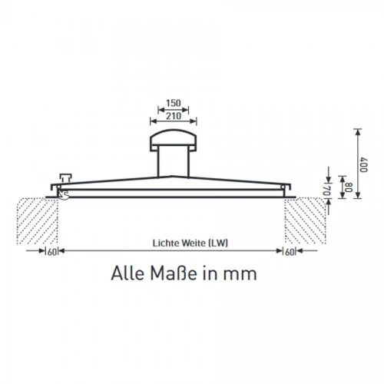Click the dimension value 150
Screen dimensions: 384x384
(x=174, y=103)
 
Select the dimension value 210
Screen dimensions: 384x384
(x=174, y=116)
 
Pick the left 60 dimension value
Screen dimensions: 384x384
(x=52, y=252)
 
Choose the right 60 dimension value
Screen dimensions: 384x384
(x=290, y=252)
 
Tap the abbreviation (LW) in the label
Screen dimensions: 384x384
(x=218, y=243)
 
